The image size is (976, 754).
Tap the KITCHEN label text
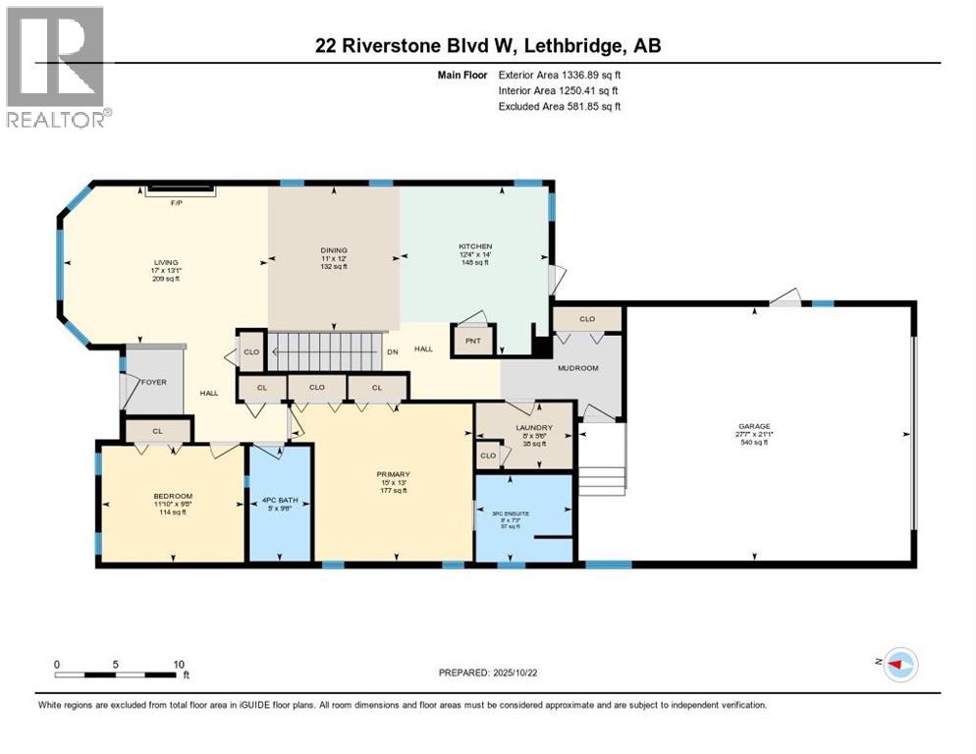(475, 246)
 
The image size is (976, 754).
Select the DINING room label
(334, 250)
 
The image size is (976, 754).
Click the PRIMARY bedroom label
(393, 474)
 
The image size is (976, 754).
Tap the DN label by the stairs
(393, 350)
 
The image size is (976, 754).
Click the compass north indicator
(896, 665)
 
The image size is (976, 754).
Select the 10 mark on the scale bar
(178, 664)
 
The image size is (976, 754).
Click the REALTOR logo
(57, 68)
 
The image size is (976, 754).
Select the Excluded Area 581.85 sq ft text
(560, 106)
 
